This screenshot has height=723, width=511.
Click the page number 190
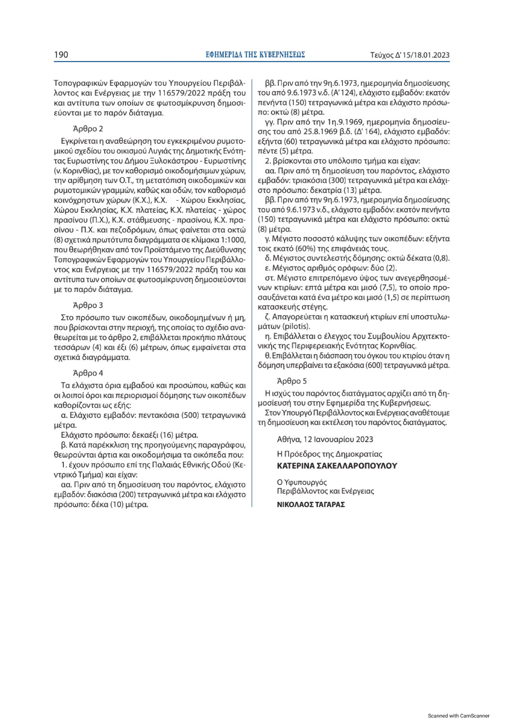pyautogui.click(x=61, y=55)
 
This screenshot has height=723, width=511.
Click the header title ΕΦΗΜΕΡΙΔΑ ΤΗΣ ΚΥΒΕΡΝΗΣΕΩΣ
pyautogui.click(x=255, y=55)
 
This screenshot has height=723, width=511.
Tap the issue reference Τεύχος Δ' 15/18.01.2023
pyautogui.click(x=410, y=55)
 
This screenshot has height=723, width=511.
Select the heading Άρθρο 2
pyautogui.click(x=88, y=129)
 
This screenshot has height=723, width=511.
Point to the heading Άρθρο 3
pyautogui.click(x=88, y=305)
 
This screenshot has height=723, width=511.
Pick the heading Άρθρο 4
pyautogui.click(x=88, y=373)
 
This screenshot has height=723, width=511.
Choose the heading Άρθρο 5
pyautogui.click(x=292, y=381)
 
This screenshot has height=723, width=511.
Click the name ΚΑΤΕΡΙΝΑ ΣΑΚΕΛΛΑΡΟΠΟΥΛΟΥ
pyautogui.click(x=337, y=466)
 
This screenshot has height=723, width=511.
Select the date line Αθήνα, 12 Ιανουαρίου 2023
pyautogui.click(x=325, y=439)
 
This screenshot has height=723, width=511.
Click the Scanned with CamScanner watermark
pyautogui.click(x=459, y=715)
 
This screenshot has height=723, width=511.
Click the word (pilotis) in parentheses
pyautogui.click(x=297, y=325)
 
